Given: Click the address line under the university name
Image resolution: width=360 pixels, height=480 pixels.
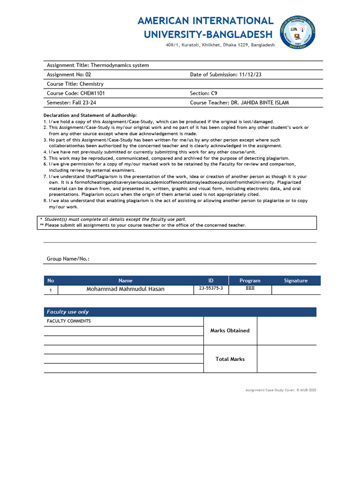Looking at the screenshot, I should [220, 45].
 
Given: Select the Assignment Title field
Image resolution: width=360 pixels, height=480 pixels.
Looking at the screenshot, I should [98, 65].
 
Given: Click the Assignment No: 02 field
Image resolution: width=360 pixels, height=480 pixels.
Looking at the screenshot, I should [69, 75].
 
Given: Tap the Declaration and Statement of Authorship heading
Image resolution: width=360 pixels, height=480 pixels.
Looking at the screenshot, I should [90, 115].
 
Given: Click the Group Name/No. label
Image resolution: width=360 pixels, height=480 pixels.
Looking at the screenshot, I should [68, 259].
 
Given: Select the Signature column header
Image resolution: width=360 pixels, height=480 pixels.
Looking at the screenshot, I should [296, 281].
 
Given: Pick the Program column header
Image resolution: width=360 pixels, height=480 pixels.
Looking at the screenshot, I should [250, 281].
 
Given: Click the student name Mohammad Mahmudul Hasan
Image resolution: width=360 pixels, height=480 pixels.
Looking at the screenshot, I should [126, 289].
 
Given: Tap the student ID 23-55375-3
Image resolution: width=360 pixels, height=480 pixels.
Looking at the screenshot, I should [211, 289].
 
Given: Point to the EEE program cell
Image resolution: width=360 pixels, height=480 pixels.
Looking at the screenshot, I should [250, 289].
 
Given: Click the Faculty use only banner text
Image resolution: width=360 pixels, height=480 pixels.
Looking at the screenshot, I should [67, 312].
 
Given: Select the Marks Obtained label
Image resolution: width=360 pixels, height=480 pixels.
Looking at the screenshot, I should [230, 330].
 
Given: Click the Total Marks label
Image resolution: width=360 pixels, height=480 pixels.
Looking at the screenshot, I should [230, 359].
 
